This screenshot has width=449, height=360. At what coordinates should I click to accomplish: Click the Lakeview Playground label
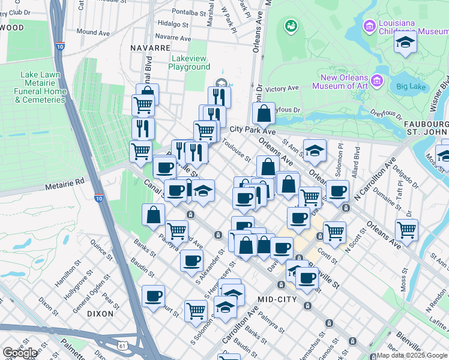point(190,62)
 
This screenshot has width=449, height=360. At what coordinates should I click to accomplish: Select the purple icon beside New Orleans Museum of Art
point(377,80)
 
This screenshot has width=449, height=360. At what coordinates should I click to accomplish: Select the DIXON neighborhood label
point(100,313)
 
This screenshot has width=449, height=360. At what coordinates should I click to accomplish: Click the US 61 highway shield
point(123,346)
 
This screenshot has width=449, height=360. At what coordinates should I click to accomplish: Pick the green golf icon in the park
point(291,26)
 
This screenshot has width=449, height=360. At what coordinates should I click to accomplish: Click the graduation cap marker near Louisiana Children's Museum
point(405,42)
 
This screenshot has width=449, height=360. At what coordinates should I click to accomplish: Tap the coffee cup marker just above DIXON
point(154,296)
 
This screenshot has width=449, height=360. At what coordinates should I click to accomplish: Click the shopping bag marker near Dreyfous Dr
point(263,112)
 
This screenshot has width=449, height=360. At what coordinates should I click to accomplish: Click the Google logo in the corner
point(20,353)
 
